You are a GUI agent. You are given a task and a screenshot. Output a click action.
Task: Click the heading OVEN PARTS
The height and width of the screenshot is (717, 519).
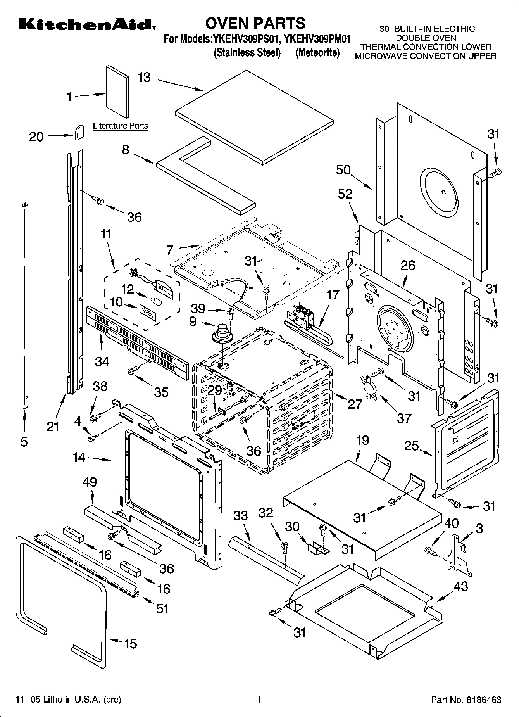click(x=255, y=24)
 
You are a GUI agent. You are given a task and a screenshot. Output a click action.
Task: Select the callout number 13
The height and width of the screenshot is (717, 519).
click(x=144, y=78)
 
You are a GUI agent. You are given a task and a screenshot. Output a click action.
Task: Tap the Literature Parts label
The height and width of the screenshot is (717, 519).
click(x=120, y=126)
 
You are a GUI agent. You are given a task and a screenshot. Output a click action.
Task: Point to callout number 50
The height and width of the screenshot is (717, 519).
click(x=343, y=170)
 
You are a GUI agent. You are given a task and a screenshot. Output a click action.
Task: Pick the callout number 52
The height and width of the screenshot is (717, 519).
click(x=345, y=194)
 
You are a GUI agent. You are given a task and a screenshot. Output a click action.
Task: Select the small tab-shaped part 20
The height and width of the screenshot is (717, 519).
click(x=79, y=132)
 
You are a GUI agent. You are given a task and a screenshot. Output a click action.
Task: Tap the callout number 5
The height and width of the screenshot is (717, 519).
click(x=24, y=442)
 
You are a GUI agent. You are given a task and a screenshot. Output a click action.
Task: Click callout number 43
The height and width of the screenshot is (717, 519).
click(x=460, y=586)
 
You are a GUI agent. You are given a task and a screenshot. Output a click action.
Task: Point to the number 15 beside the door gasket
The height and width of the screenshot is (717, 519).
click(x=130, y=644)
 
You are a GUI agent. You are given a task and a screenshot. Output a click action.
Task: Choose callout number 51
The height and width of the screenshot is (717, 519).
click(x=162, y=608)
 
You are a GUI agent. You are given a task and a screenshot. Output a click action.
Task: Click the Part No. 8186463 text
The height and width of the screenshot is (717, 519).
click(x=466, y=700)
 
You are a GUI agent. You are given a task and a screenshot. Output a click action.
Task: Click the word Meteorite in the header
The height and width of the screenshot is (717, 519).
click(x=317, y=53)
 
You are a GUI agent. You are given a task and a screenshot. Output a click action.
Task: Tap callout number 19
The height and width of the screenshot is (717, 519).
click(x=363, y=440)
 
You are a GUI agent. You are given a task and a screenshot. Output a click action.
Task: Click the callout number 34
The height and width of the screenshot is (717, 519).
click(x=102, y=361)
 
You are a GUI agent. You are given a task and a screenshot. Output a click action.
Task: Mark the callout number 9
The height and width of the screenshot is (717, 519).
click(x=193, y=321)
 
